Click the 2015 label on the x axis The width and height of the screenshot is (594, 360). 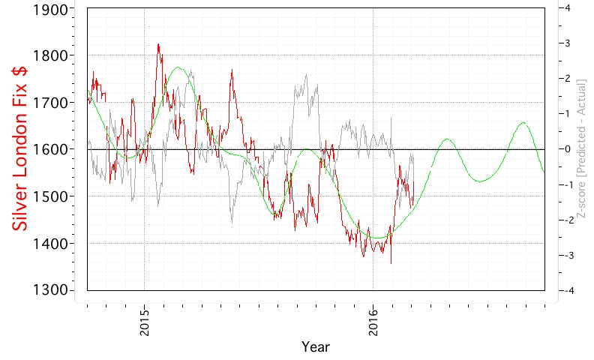click(x=145, y=322)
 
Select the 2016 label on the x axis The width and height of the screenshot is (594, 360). click(x=373, y=322)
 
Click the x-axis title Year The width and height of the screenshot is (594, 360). click(x=315, y=347)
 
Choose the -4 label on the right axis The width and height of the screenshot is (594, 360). click(x=568, y=290)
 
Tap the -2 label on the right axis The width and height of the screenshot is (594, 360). click(x=568, y=220)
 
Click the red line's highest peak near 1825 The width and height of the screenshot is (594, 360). click(x=158, y=44)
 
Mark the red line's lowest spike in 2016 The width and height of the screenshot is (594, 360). click(x=391, y=262)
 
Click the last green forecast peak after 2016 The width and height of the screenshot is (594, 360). click(x=523, y=122)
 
